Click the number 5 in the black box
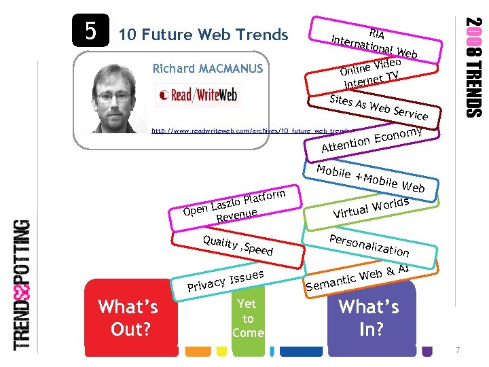[x=90, y=31]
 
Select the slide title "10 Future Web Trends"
[x=204, y=35]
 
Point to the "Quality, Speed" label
[x=238, y=244]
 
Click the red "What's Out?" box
[x=128, y=317]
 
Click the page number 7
[x=458, y=350]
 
